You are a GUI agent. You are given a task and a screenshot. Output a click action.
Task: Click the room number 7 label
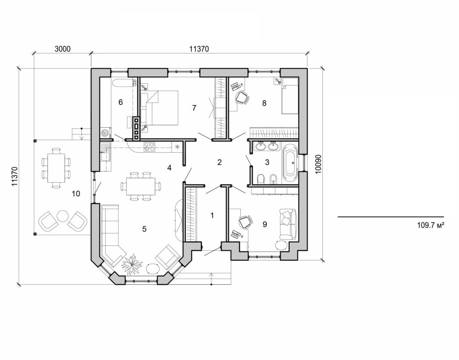pos(194,108)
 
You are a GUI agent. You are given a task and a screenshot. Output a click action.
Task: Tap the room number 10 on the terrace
pos(76,193)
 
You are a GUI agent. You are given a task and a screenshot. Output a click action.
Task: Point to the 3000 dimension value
pos(63,50)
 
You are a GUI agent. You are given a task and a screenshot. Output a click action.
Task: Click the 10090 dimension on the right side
pos(318,164)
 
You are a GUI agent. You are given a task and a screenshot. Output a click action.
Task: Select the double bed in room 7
pos(160,108)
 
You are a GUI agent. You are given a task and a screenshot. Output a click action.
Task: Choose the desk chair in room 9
pos(245,222)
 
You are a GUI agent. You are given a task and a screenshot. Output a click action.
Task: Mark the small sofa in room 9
pos(287,223)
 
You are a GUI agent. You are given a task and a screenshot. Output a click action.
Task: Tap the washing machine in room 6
pos(105,133)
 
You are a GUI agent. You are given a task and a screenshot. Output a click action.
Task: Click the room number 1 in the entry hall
pos(212,215)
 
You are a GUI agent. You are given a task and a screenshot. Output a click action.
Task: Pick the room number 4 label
pos(169,168)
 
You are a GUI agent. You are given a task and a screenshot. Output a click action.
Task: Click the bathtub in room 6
pos(124,83)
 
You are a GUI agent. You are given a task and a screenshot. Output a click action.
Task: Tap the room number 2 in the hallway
pos(220,162)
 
